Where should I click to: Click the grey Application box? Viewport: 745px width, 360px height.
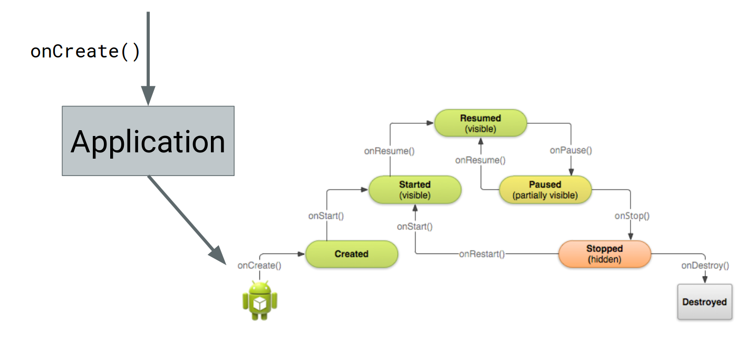(148, 141)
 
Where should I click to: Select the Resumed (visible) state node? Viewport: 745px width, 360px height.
(481, 123)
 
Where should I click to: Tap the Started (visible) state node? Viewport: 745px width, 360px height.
(415, 189)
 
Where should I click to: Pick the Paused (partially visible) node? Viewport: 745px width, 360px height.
(545, 189)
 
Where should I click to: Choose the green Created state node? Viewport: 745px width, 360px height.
(352, 254)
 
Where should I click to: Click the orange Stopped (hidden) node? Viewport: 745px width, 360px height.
(605, 254)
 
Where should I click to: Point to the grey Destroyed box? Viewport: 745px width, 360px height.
(705, 302)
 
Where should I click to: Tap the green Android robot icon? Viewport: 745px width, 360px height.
(260, 300)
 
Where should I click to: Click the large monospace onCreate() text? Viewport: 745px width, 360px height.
(85, 52)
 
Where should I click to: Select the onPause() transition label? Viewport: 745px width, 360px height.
(570, 150)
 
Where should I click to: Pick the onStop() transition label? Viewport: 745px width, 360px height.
(632, 216)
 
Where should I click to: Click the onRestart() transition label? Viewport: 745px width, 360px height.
(482, 254)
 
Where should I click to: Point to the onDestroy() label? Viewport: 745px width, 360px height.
(705, 265)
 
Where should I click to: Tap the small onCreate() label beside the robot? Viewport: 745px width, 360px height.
(259, 265)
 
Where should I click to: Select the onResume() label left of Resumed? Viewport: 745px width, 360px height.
(390, 151)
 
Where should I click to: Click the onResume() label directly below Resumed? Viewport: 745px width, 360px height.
(480, 160)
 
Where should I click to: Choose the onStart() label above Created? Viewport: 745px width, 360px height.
(326, 216)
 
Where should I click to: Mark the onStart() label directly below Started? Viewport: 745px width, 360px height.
(415, 226)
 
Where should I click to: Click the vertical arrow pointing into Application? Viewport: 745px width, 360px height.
(148, 59)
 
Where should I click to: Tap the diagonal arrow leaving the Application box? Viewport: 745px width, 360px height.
(187, 220)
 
